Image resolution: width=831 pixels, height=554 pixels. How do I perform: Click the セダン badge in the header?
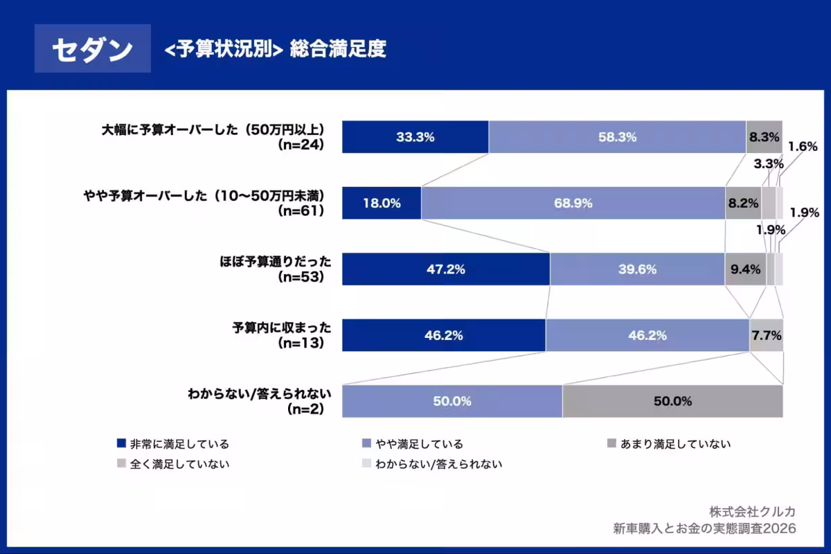pos(92,49)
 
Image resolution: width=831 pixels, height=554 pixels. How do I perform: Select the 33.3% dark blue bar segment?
pos(415,137)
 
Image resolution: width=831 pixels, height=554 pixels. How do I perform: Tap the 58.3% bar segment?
pos(617,137)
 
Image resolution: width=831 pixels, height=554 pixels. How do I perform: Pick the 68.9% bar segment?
pos(573,204)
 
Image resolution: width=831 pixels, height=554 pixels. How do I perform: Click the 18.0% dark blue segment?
pos(382,204)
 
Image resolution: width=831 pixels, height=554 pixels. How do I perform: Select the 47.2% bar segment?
pos(446,269)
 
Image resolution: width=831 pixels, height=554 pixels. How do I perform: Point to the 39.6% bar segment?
pos(637,269)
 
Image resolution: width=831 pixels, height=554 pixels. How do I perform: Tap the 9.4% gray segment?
pos(745,269)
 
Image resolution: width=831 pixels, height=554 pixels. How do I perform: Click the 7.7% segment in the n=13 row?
pos(766,336)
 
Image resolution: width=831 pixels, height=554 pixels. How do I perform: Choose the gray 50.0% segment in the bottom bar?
pos(672,402)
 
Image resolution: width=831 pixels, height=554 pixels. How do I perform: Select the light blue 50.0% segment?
pos(452,402)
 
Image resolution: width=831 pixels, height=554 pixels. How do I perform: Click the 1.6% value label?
pos(803,146)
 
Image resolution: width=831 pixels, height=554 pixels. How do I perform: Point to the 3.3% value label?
pos(769,164)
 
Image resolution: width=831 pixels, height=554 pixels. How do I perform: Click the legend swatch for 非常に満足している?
pos(122,444)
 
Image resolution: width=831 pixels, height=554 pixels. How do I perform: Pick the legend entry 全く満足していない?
pos(179,464)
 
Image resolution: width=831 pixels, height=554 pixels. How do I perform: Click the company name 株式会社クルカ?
pos(752,511)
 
